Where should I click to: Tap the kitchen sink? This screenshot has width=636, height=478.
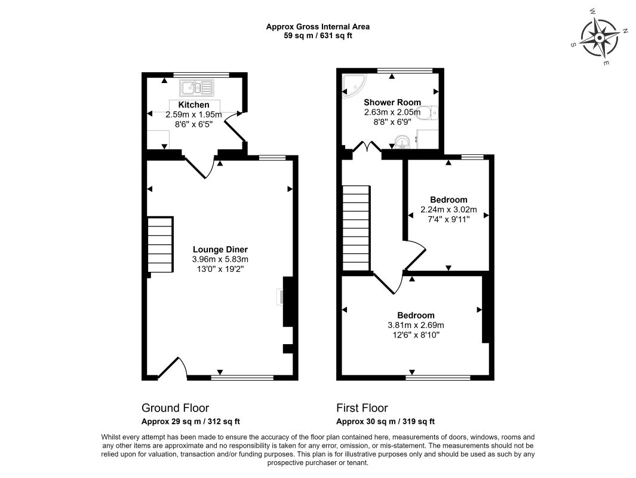[x=197, y=88]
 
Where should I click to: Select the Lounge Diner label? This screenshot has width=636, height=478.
[x=220, y=249]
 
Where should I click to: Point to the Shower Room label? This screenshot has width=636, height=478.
[x=392, y=102]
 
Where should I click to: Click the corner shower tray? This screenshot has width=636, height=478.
[x=354, y=87]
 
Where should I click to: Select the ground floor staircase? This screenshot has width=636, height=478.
[x=160, y=246]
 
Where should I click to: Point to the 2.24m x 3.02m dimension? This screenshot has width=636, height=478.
[x=448, y=210]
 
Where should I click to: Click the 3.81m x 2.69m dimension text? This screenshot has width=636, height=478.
[x=416, y=326]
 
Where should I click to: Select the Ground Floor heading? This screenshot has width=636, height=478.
[x=175, y=408]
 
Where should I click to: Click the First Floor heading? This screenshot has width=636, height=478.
[x=362, y=408]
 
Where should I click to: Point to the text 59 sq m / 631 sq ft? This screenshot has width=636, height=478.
[x=318, y=35]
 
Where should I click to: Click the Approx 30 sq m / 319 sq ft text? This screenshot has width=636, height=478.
[x=385, y=421]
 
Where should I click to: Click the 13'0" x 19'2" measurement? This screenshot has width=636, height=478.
[x=220, y=269]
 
